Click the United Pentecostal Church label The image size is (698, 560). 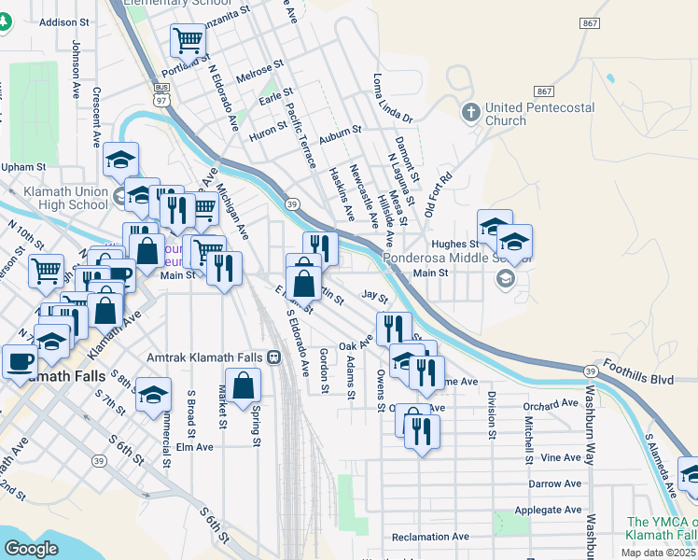(539, 114)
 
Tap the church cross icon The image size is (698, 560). (471, 113)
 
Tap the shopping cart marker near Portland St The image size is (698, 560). (188, 41)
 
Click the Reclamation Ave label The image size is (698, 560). (430, 537)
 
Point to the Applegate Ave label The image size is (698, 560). (551, 511)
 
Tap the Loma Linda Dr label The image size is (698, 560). (392, 99)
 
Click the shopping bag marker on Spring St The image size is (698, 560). (243, 385)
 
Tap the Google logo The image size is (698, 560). (31, 549)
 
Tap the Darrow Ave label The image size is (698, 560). (554, 484)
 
